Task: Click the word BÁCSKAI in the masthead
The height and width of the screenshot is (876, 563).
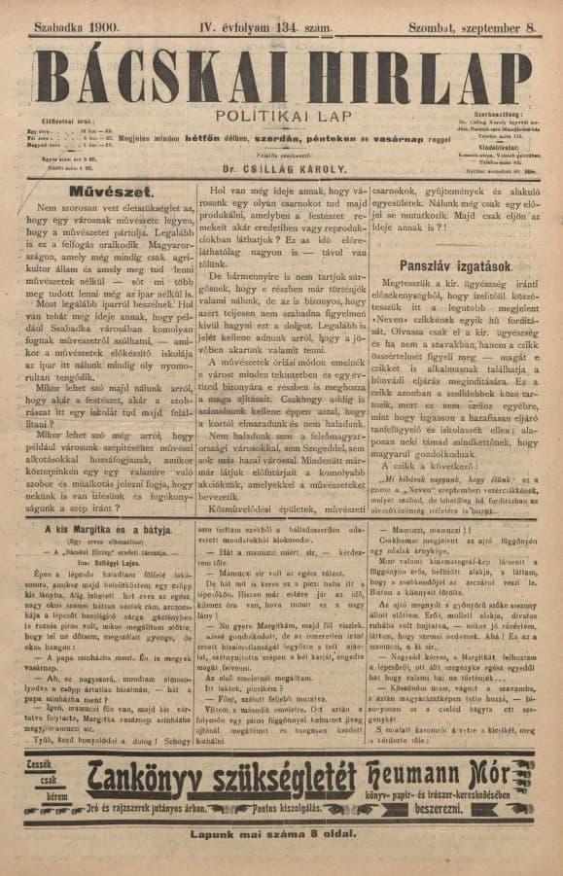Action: (x=160, y=76)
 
